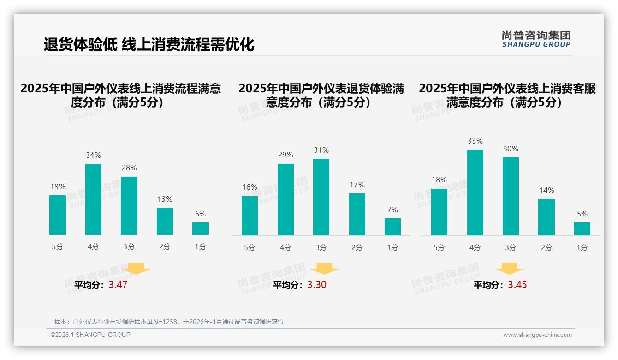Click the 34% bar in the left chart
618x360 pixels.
(x=93, y=199)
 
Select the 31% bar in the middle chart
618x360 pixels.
(x=321, y=197)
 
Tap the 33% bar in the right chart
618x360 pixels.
(x=475, y=192)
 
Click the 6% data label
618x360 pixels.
(x=200, y=214)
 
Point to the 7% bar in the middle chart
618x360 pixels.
(x=392, y=227)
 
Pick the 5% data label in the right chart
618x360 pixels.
(x=582, y=214)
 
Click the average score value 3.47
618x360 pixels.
(x=118, y=285)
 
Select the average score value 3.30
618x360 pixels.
(x=317, y=285)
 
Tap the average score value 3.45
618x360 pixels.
(x=517, y=285)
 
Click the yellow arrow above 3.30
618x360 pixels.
(x=324, y=268)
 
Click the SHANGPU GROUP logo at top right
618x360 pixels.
(x=536, y=39)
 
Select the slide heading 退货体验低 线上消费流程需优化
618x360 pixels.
(x=149, y=45)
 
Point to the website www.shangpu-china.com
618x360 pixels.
(x=537, y=335)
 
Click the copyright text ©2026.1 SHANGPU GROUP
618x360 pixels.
(x=90, y=335)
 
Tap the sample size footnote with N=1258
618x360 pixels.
(x=169, y=322)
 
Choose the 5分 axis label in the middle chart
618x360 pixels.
(x=250, y=247)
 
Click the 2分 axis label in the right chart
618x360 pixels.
(x=547, y=247)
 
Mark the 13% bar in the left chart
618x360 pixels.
(x=165, y=221)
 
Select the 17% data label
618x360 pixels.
(x=357, y=185)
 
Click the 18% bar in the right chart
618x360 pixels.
(x=439, y=212)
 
